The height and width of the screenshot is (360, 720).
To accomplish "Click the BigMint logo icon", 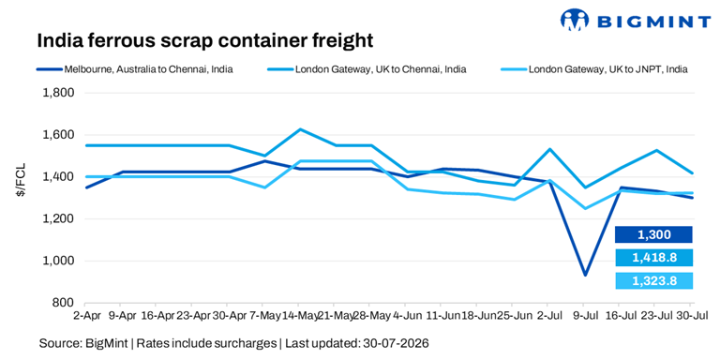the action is pyautogui.click(x=575, y=21).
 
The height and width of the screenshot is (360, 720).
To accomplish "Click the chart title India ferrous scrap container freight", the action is pyautogui.click(x=204, y=41).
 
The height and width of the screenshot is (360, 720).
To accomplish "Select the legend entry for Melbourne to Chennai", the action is pyautogui.click(x=135, y=70).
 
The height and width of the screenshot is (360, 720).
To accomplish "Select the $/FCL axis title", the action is pyautogui.click(x=21, y=180).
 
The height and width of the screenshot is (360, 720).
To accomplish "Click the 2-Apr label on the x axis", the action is pyautogui.click(x=85, y=316).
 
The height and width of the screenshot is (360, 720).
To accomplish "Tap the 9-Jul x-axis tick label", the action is pyautogui.click(x=583, y=316).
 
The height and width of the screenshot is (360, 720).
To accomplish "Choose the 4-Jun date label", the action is pyautogui.click(x=405, y=316).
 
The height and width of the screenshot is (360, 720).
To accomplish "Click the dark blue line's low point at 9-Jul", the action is pyautogui.click(x=585, y=276).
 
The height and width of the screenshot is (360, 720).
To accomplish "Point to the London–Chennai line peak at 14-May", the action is pyautogui.click(x=299, y=129).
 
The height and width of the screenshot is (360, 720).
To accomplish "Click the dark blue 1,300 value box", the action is pyautogui.click(x=653, y=234).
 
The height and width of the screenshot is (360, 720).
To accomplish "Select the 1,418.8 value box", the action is pyautogui.click(x=653, y=258).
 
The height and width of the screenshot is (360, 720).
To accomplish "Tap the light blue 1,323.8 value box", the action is pyautogui.click(x=653, y=280).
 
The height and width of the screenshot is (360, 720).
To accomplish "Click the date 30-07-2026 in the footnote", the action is pyautogui.click(x=396, y=343).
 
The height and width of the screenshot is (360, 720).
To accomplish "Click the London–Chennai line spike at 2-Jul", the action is pyautogui.click(x=549, y=149).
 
